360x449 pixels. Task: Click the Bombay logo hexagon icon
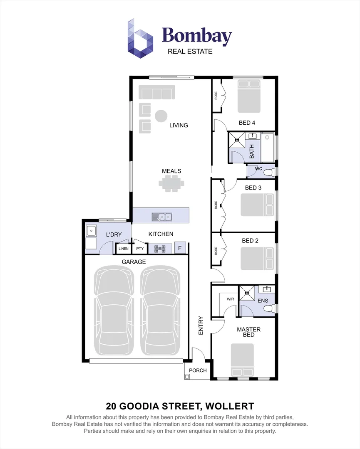click(x=140, y=38)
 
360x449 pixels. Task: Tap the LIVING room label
click(x=178, y=125)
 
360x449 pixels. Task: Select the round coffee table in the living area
click(x=161, y=116)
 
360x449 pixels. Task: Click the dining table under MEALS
click(x=171, y=183)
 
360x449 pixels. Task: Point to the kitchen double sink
click(x=162, y=216)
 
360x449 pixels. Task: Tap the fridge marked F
click(x=180, y=248)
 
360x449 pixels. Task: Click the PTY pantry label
click(x=140, y=249)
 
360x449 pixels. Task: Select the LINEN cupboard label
click(x=124, y=249)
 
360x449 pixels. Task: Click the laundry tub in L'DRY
click(x=91, y=230)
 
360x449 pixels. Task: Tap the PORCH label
click(x=198, y=370)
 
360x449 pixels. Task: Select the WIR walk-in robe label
click(x=230, y=299)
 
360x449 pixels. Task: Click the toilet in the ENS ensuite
click(x=270, y=308)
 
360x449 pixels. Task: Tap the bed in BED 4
click(x=249, y=96)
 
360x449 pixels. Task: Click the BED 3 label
click(x=253, y=187)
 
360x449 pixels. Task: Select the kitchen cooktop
click(x=160, y=249)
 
